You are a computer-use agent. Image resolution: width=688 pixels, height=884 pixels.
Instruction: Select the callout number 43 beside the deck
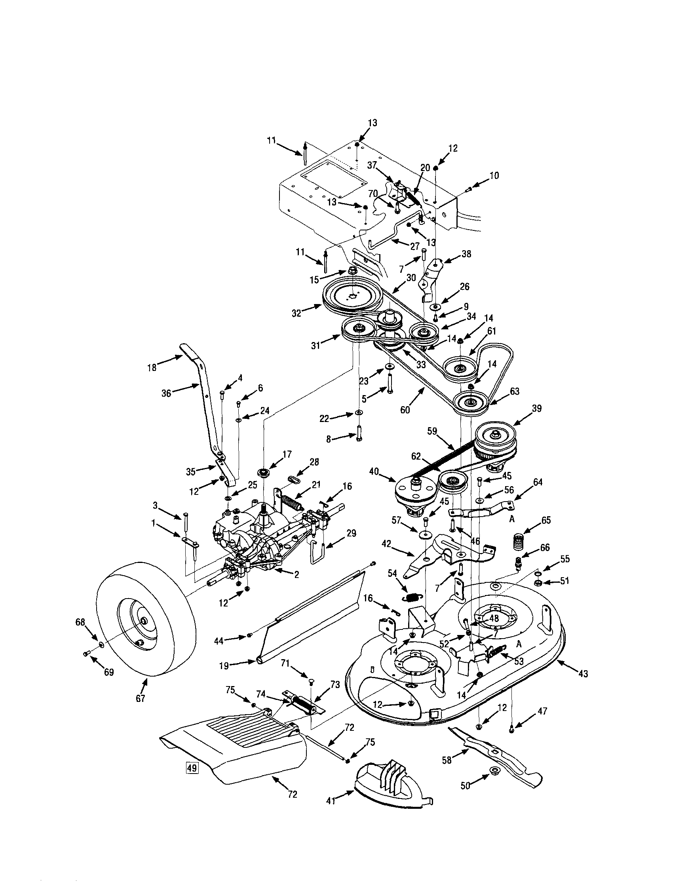(583, 673)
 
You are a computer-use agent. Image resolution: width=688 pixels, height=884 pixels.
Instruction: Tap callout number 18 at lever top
(152, 368)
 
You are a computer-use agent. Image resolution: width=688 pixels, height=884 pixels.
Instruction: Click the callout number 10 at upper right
(494, 175)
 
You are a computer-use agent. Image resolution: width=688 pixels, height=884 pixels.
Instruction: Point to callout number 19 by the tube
(224, 665)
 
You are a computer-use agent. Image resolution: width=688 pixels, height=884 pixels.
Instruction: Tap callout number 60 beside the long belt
(405, 410)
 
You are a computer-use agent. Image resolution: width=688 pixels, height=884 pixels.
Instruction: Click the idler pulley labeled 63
(470, 403)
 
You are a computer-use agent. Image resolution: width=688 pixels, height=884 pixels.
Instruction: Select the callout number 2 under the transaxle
(296, 575)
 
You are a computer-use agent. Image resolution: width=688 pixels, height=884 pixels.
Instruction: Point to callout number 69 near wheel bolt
(109, 672)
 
